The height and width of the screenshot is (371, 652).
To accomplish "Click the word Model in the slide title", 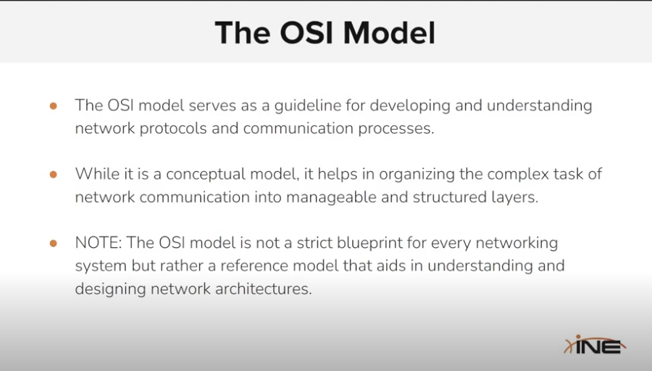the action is [x=389, y=33].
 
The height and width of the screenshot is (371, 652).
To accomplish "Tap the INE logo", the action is [x=595, y=344].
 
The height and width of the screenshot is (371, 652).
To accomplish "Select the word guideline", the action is [x=308, y=106].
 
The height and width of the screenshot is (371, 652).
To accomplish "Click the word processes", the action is [x=396, y=129].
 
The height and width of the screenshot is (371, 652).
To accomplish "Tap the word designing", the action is [x=110, y=289].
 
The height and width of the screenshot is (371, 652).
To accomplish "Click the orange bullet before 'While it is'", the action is [x=53, y=175].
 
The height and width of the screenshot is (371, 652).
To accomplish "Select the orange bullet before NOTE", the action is [x=53, y=243].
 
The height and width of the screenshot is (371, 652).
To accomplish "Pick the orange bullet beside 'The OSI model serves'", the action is [x=53, y=106].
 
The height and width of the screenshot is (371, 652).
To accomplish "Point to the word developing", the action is [x=410, y=106].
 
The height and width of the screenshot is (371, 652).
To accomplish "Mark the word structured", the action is [x=449, y=197].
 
